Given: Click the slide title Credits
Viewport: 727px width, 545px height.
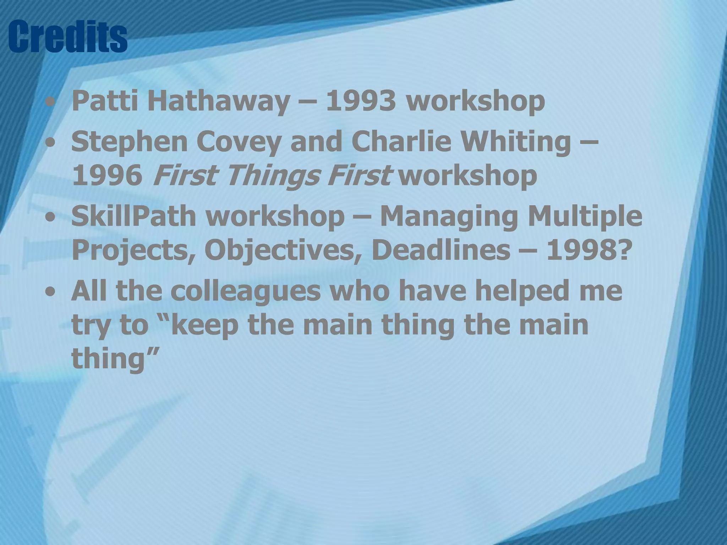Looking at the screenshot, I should tap(67, 37).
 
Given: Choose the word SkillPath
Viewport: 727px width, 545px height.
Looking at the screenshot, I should tap(133, 216).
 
